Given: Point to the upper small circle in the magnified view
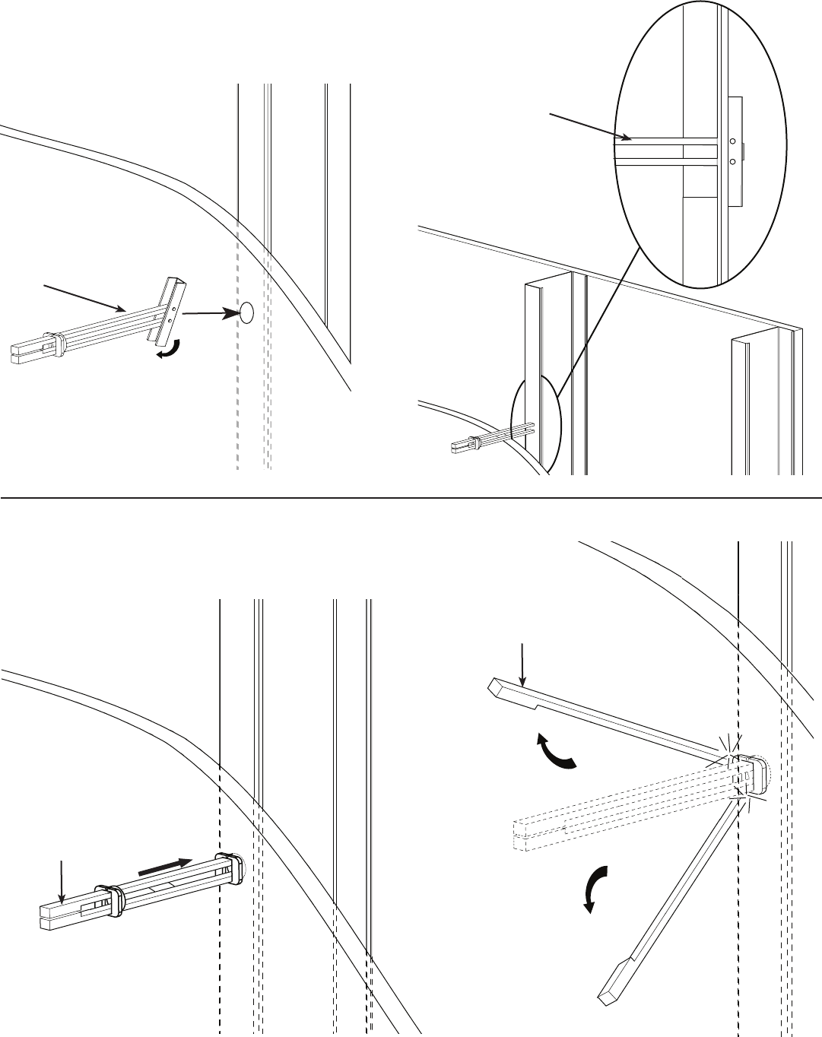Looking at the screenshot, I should (x=732, y=141).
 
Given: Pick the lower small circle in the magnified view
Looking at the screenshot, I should (x=732, y=161).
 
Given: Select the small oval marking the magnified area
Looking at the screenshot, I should (x=535, y=422).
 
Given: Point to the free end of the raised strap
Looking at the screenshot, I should (x=496, y=686).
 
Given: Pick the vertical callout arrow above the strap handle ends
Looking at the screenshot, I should (x=62, y=883).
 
